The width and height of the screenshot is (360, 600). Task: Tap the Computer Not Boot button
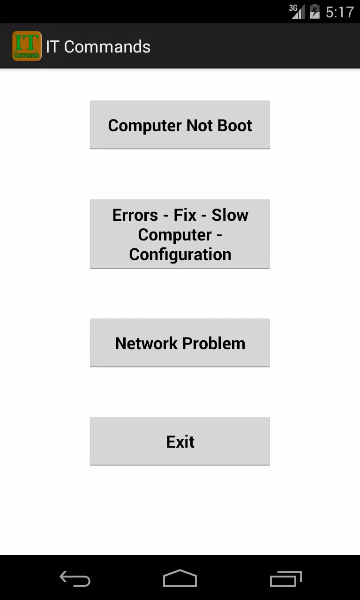(x=180, y=125)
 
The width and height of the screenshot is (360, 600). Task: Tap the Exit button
(x=180, y=441)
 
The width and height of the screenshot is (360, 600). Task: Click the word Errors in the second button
(x=135, y=215)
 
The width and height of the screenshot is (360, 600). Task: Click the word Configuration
(x=180, y=255)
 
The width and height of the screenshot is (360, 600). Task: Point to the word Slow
(x=230, y=215)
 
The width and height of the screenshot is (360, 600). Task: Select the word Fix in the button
(x=185, y=215)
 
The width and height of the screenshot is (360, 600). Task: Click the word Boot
(x=235, y=125)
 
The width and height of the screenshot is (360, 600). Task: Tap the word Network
(x=146, y=344)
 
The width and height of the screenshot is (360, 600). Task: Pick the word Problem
(x=214, y=344)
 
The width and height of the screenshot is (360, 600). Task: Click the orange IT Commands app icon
(x=27, y=46)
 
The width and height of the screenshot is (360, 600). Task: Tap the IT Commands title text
(x=98, y=47)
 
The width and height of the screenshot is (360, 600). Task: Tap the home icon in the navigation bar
(x=180, y=578)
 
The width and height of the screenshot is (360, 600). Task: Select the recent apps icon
(x=285, y=578)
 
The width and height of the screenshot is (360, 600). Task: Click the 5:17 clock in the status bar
(x=340, y=12)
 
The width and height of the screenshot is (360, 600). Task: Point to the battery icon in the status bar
(x=315, y=12)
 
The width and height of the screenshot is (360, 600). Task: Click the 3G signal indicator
(x=297, y=12)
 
